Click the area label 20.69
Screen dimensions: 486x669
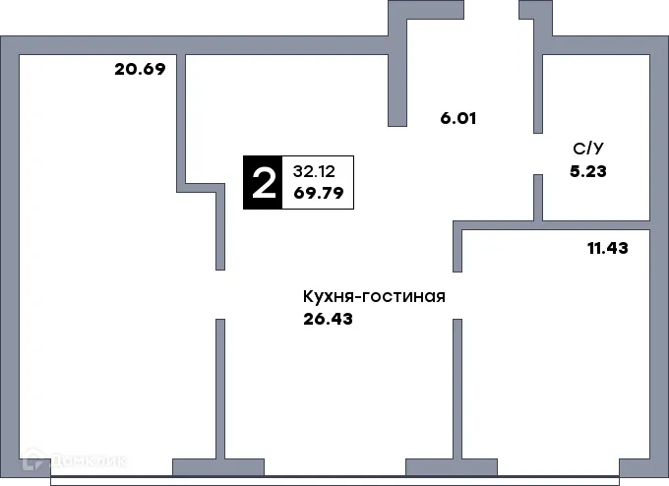[139, 70]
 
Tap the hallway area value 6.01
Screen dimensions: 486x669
[458, 118]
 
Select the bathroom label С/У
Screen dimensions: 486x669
[588, 149]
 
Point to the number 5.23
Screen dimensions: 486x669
[588, 169]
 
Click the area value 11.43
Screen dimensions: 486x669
[607, 248]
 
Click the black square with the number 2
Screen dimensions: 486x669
[263, 183]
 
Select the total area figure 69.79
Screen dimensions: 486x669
[318, 193]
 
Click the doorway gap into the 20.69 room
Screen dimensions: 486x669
[220, 294]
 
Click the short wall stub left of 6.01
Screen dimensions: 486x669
[397, 89]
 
